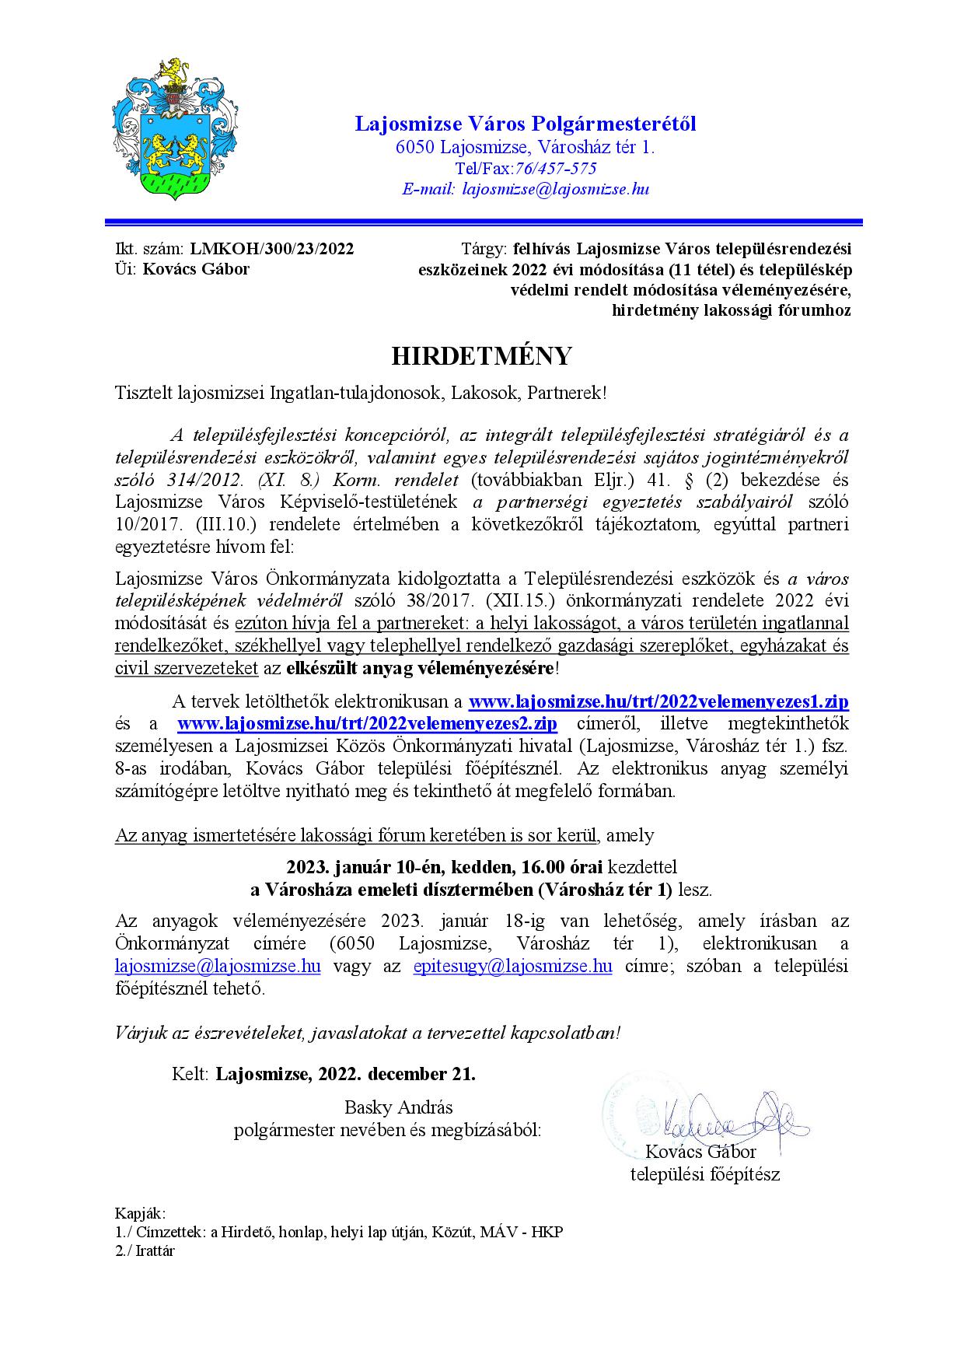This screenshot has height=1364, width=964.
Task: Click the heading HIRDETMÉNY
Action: point(481,355)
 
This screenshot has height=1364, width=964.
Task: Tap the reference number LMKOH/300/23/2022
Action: point(271,249)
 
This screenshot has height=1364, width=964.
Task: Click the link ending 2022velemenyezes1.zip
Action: point(658,701)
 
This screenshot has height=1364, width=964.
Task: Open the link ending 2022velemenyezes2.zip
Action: point(367,723)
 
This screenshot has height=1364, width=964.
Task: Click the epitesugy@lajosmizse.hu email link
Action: point(512,967)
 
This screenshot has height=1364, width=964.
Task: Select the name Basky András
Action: point(398,1107)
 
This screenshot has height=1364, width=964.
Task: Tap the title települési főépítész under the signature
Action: point(704,1174)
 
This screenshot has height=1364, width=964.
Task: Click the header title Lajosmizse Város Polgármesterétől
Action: point(526,124)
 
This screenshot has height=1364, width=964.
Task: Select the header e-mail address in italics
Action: point(555,189)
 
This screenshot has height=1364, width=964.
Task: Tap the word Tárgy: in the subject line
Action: point(485,249)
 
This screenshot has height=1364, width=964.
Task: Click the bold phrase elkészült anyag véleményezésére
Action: point(420,668)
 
